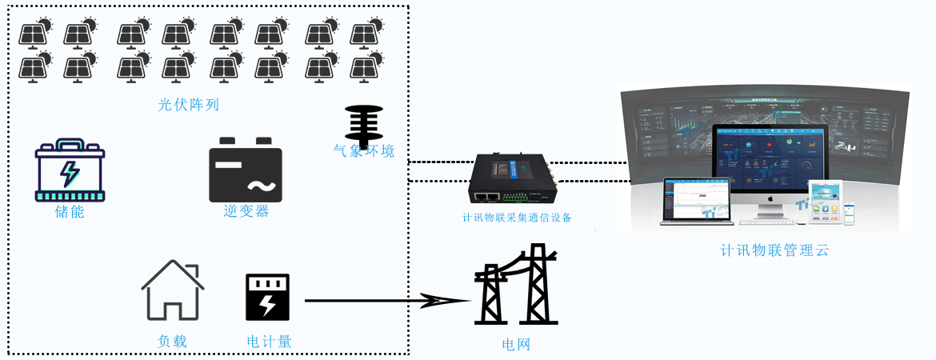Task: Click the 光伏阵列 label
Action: click(189, 105)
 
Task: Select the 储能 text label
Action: click(70, 212)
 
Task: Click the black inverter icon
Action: click(246, 170)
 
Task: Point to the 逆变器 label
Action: click(246, 211)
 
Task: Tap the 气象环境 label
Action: click(364, 151)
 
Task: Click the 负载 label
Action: click(172, 342)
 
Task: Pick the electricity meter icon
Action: click(267, 297)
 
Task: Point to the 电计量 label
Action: click(269, 342)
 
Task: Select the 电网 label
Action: click(516, 346)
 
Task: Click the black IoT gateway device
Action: click(513, 180)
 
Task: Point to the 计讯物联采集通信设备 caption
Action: click(517, 218)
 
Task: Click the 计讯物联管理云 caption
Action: click(774, 250)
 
